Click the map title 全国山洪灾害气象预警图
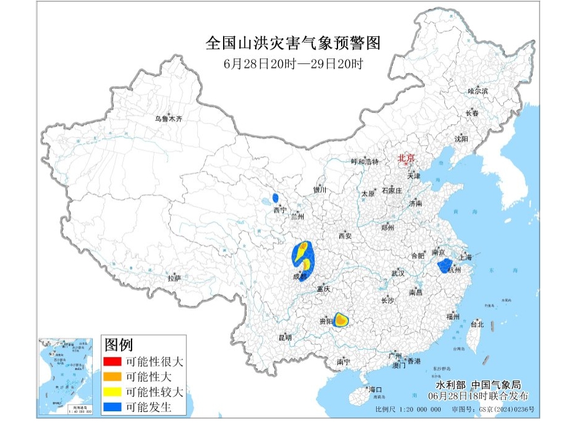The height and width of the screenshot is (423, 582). pos(293,44)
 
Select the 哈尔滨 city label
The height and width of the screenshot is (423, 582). pos(478,91)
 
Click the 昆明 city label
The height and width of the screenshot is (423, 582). pos(285,338)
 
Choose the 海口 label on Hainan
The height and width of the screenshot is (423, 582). pos(375,389)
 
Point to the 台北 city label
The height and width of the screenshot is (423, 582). pos(477,324)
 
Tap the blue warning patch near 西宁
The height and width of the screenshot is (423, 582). pos(275,199)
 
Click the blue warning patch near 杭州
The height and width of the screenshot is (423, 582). pos(444,266)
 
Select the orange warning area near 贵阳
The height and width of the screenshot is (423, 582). pos(340,320)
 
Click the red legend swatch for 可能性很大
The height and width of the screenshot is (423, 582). pos(112,362)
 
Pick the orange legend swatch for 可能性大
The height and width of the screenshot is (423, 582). pos(112,376)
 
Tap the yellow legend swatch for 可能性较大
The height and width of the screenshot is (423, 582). pos(112,392)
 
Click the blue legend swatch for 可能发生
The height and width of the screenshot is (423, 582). pos(112,406)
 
